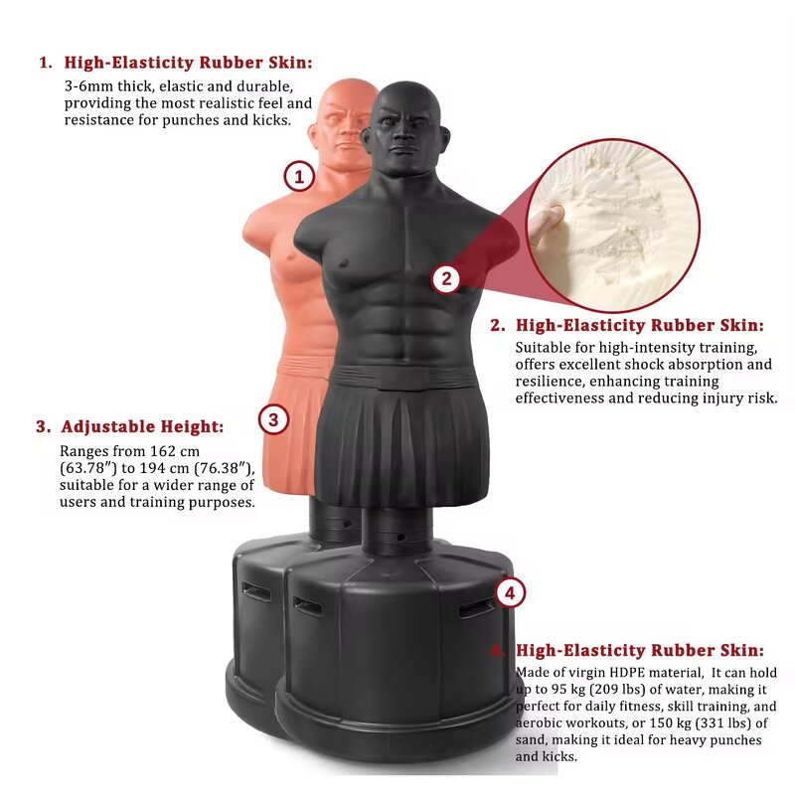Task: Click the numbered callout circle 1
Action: [x=299, y=177]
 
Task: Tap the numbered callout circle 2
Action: [x=446, y=278]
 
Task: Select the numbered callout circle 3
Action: [x=274, y=419]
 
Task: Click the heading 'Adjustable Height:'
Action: [x=142, y=427]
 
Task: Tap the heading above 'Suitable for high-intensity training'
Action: [x=639, y=325]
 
